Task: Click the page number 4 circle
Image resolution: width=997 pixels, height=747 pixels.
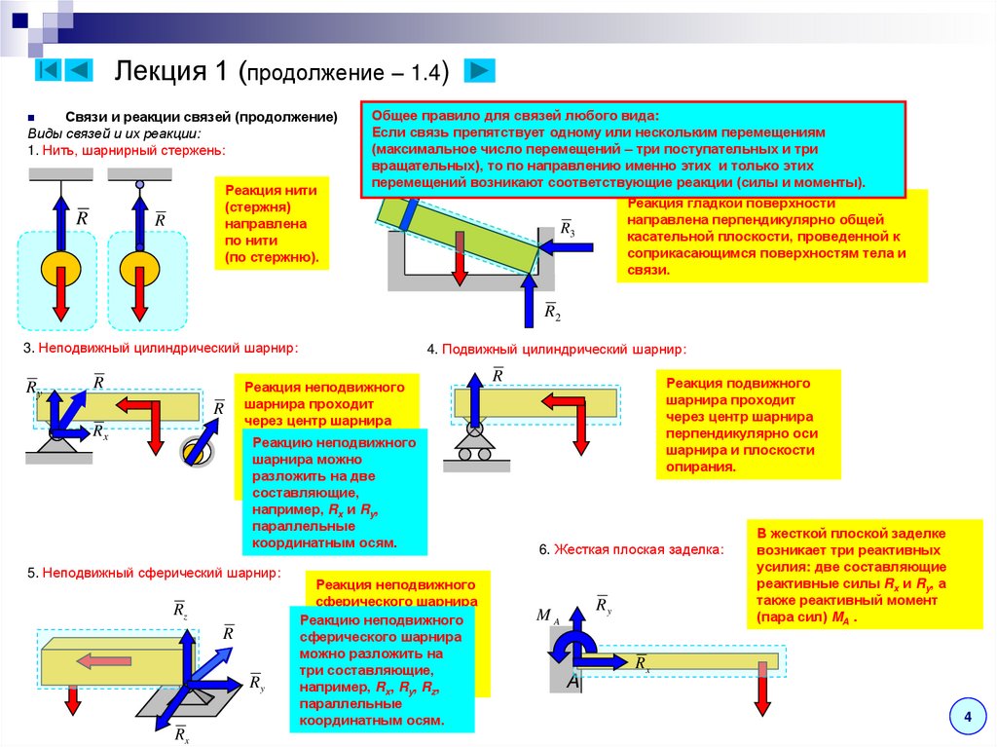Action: point(967,718)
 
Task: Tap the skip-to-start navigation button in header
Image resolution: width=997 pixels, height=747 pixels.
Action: point(50,70)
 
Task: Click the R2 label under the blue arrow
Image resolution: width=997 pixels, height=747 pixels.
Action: point(552,312)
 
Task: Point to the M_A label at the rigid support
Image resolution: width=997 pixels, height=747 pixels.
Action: point(547,616)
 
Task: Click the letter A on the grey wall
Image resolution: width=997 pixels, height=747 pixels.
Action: point(573,683)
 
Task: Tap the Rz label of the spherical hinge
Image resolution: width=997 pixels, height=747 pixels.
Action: point(180,611)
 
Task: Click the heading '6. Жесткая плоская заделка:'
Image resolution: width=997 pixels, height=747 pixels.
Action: point(631,549)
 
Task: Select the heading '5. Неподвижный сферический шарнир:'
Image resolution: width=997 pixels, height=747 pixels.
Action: point(154,573)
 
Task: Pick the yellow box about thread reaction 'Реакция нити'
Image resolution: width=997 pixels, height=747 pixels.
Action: point(272,224)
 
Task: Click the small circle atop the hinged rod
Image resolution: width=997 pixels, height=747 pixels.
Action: point(139,184)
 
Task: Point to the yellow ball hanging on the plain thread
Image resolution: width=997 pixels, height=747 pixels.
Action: point(59,266)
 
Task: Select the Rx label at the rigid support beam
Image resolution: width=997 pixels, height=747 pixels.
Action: point(644,664)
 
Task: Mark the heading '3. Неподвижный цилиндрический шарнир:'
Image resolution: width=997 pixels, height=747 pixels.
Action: point(162,348)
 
